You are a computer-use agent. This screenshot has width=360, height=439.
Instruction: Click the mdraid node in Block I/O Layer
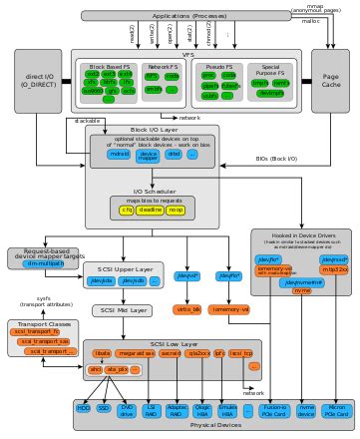(x=118, y=155)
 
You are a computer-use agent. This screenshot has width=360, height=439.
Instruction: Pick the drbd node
(x=174, y=155)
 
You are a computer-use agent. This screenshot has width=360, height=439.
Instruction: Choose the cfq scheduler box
(x=127, y=210)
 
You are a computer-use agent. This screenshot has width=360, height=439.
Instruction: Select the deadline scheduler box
(x=150, y=210)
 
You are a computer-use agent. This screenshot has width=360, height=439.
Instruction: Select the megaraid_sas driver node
(x=135, y=353)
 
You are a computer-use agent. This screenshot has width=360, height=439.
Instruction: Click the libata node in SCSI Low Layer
(x=102, y=353)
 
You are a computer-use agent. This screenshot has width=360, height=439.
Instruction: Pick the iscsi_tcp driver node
(x=240, y=353)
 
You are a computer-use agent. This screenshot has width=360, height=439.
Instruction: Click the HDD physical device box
(x=83, y=409)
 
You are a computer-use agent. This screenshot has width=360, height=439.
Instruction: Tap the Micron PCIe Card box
(x=335, y=409)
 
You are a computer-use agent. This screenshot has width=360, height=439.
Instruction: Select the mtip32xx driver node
(x=335, y=269)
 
